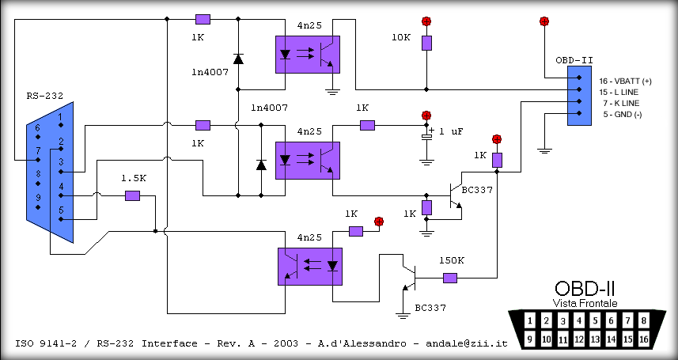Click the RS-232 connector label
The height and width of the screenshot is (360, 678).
coord(42,97)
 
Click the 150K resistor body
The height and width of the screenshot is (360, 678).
coord(450,278)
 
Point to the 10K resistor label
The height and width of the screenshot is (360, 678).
coord(402,37)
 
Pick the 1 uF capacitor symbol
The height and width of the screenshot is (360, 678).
coord(427,136)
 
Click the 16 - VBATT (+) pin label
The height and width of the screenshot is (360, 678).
coord(625,81)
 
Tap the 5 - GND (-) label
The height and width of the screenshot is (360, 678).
coord(622,114)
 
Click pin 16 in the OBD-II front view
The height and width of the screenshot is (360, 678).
coord(644,339)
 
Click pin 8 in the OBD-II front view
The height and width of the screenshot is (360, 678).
coord(644,321)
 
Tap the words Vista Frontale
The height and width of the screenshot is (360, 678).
coord(585,304)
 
